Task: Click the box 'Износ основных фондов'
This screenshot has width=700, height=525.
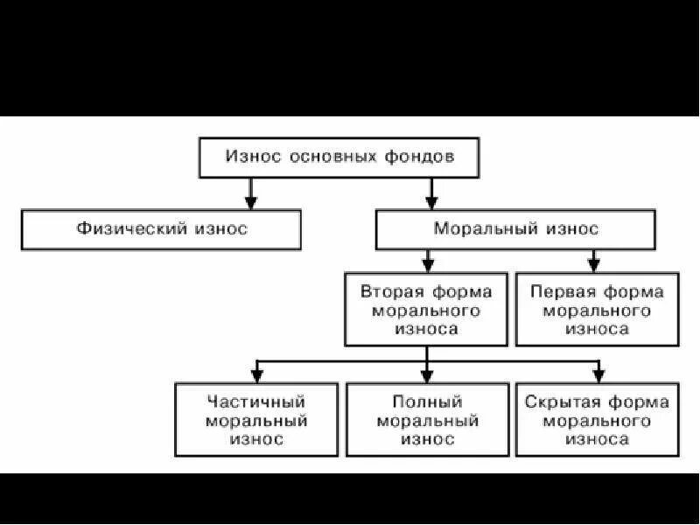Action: point(339,157)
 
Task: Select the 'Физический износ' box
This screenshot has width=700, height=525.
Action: point(162,229)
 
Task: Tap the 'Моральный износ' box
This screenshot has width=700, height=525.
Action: point(516,229)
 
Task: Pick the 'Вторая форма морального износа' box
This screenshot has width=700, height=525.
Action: point(426,310)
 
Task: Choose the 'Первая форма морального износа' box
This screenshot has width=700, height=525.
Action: point(597,310)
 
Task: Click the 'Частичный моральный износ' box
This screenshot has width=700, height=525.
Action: point(256,420)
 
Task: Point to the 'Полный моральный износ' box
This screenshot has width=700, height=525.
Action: point(428,420)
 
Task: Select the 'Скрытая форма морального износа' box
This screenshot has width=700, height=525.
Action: point(597,420)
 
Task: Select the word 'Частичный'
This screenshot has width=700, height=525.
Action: point(256,402)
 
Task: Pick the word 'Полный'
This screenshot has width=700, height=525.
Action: point(428,402)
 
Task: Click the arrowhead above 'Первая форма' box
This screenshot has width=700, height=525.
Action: point(594,263)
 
